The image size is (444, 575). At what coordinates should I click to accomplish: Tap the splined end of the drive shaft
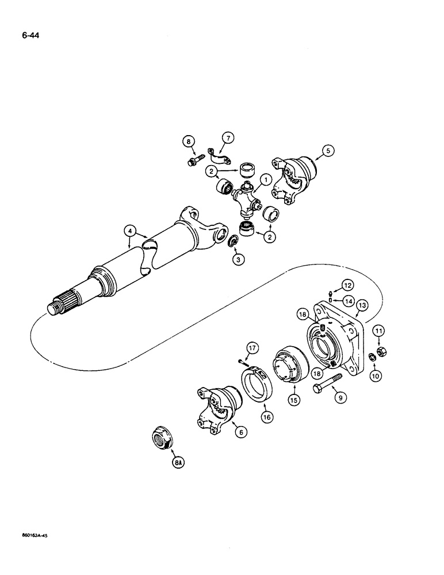[x=60, y=303]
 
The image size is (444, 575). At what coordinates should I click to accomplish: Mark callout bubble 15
[x=294, y=397]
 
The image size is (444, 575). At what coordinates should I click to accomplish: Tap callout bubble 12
[x=347, y=283]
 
